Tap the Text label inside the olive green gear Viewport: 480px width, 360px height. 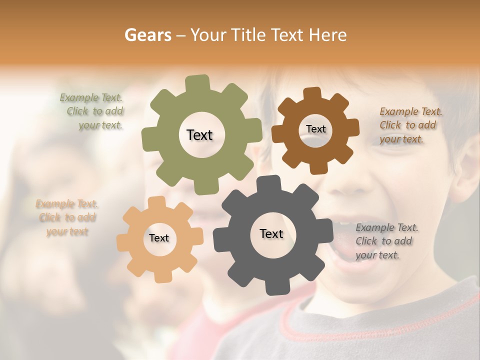point(199,135)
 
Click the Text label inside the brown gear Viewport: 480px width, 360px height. point(315,129)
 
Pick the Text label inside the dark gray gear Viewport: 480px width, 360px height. point(271,233)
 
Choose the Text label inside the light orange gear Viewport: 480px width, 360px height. point(159,238)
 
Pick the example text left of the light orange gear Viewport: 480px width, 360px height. point(67,217)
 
